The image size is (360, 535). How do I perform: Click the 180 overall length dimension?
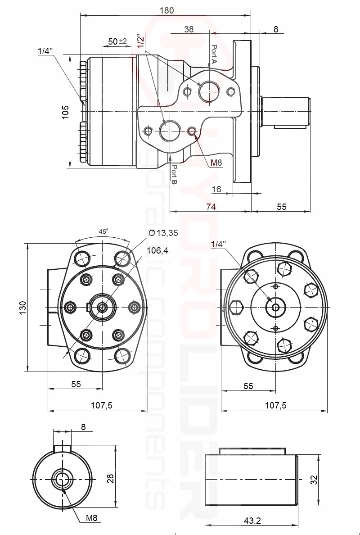click(x=166, y=10)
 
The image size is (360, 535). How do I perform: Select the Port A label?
click(x=214, y=54)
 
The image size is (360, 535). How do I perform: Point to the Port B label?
click(x=174, y=175)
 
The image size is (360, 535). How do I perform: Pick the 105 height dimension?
click(x=66, y=112)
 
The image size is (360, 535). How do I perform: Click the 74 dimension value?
click(x=211, y=207)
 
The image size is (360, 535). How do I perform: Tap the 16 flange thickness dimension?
click(x=216, y=190)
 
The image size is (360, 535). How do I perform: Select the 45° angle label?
click(x=103, y=231)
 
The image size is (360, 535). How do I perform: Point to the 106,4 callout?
click(x=157, y=251)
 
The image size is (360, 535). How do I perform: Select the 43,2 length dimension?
click(x=252, y=521)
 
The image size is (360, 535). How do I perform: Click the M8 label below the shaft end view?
click(x=92, y=518)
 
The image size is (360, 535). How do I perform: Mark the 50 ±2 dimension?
click(x=118, y=41)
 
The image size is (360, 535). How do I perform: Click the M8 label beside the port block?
click(x=216, y=163)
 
